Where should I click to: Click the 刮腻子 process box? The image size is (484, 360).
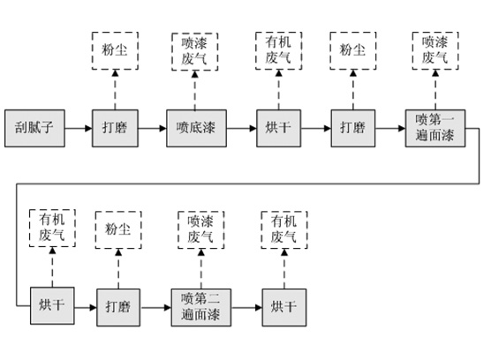[x=34, y=128]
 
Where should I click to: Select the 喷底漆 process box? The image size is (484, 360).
[x=196, y=128]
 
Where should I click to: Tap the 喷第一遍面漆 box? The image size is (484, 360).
[x=435, y=128]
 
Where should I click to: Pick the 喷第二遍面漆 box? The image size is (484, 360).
[x=201, y=307]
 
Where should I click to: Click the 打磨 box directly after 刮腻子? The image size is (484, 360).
[x=115, y=128]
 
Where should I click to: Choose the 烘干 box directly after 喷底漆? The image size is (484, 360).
[x=279, y=128]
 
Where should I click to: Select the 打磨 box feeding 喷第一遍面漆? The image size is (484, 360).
[x=353, y=128]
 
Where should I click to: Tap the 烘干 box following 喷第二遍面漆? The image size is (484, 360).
[x=284, y=307]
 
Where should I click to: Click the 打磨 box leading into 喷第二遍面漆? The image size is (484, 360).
[x=118, y=307]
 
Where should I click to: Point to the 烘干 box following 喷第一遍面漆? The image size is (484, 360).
[x=52, y=305]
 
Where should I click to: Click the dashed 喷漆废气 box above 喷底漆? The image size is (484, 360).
[x=195, y=51]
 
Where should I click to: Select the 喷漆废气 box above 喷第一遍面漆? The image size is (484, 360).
[x=435, y=50]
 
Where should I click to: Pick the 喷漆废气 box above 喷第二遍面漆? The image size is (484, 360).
[x=201, y=229]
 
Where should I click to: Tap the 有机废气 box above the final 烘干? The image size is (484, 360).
[x=284, y=229]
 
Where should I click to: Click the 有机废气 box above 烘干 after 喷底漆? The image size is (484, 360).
[x=279, y=50]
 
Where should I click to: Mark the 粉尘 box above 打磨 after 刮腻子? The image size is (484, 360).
[x=115, y=50]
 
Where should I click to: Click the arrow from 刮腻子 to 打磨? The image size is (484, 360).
[x=79, y=128]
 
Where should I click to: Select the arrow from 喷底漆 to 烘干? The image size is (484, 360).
[x=242, y=128]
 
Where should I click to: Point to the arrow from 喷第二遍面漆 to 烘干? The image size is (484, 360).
[x=246, y=307]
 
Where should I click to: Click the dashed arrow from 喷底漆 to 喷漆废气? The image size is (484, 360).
[x=195, y=90]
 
